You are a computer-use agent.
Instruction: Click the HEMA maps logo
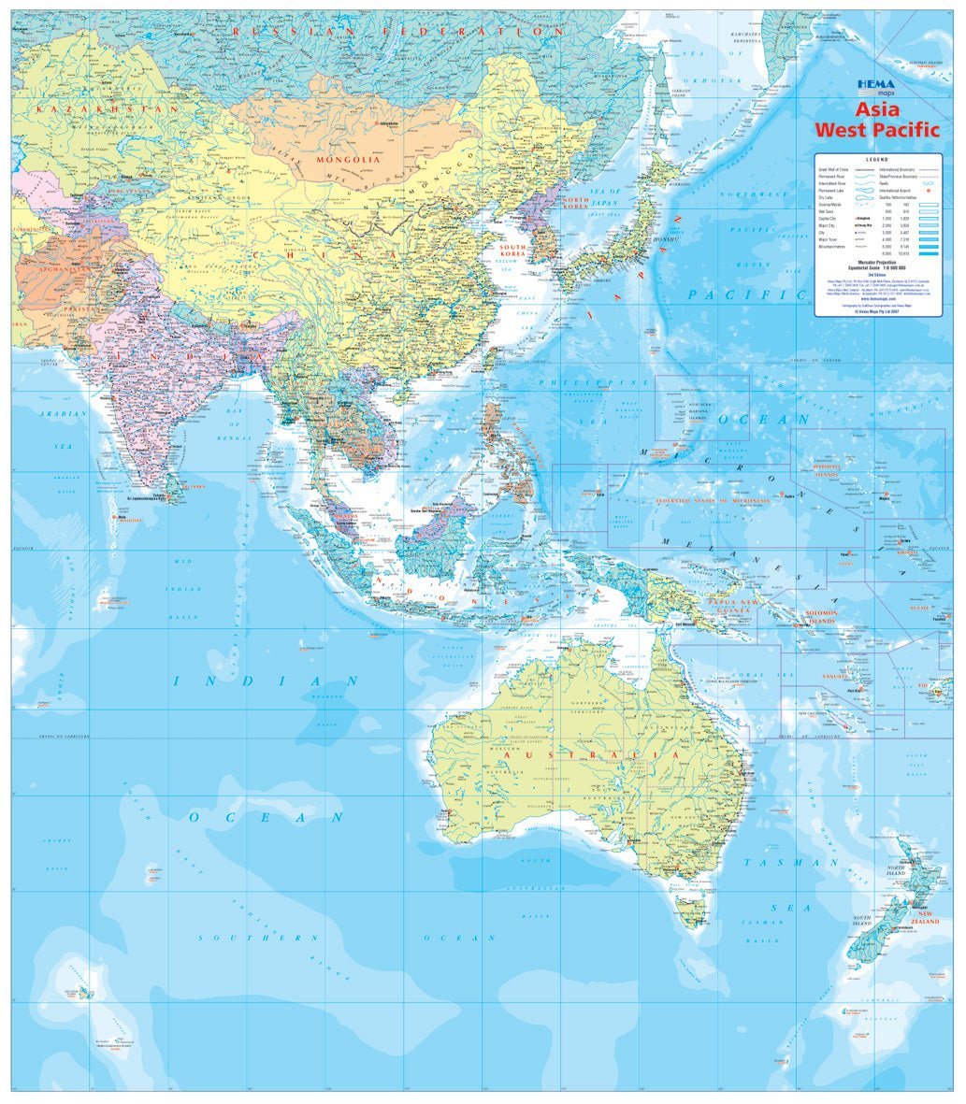[x=876, y=88]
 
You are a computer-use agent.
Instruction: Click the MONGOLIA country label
[x=348, y=160]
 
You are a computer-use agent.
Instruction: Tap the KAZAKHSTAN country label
[x=107, y=109]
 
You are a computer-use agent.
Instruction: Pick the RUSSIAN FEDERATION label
[x=397, y=31]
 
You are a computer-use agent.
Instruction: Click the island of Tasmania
[x=693, y=908]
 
